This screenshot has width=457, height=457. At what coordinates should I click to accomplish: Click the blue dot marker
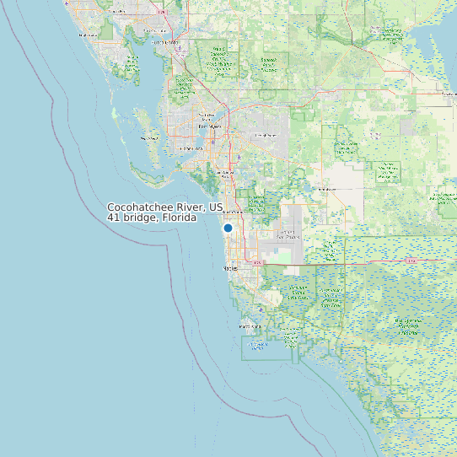[x=228, y=228]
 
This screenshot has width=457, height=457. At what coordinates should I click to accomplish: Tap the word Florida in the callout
[x=179, y=218]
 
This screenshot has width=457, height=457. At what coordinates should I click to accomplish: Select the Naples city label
[x=231, y=268]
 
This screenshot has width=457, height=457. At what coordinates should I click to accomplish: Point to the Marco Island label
[x=251, y=325]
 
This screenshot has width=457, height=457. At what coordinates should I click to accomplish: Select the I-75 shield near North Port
[x=169, y=12]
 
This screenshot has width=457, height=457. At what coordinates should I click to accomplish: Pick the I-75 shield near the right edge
[x=411, y=261]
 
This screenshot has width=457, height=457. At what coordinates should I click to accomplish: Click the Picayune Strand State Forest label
[x=298, y=293]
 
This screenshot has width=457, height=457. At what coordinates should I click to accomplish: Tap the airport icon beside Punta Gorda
[x=181, y=49]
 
